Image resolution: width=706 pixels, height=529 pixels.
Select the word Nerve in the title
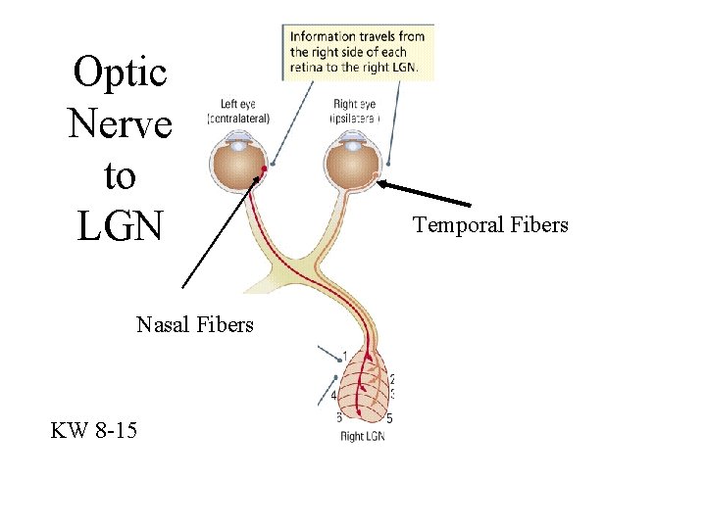(121, 123)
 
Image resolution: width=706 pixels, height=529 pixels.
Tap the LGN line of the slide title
(121, 226)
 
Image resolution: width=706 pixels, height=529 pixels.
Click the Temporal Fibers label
(490, 225)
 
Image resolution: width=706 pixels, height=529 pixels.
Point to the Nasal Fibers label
(195, 324)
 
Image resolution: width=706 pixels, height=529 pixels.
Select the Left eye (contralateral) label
(238, 111)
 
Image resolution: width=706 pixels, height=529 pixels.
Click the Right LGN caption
(363, 437)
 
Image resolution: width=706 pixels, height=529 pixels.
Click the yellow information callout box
(359, 51)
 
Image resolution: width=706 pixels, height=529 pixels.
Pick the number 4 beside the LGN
(334, 395)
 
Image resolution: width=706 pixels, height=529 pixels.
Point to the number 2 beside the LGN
(392, 379)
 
